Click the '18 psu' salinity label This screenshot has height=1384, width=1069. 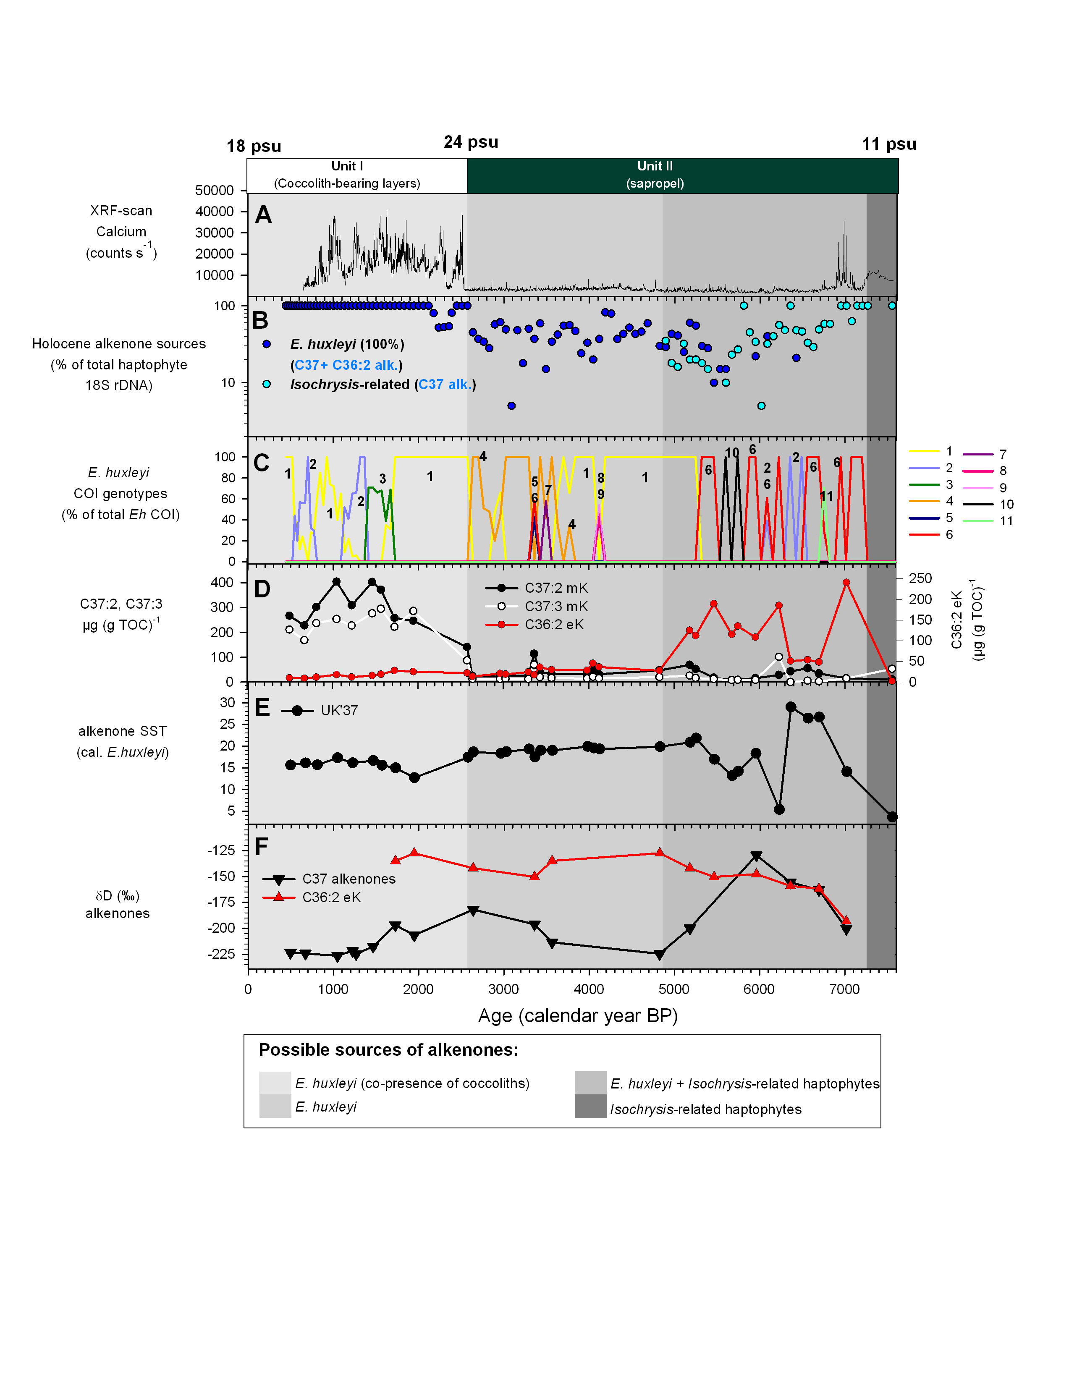click(x=254, y=147)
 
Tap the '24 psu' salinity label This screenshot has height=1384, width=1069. click(x=471, y=142)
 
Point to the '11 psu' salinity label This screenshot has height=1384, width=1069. click(x=888, y=144)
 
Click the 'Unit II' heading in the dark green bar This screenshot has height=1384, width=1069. click(x=655, y=166)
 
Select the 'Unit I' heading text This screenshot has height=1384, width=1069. click(x=347, y=166)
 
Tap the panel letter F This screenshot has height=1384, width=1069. click(x=261, y=847)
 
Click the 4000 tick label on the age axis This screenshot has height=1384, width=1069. click(x=589, y=989)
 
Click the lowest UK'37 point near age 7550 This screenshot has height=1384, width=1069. click(x=892, y=817)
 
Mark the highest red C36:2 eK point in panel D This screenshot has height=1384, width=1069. click(x=846, y=582)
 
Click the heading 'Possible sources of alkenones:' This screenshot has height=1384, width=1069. click(x=388, y=1050)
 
